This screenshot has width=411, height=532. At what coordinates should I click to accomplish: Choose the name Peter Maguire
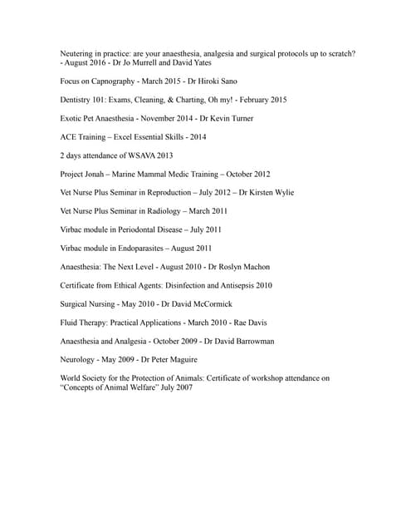pos(172,359)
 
